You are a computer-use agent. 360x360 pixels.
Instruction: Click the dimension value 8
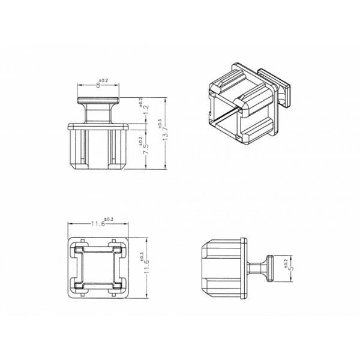(x=98, y=85)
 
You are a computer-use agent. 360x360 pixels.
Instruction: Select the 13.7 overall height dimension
(x=166, y=133)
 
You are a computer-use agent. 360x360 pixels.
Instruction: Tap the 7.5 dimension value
(x=146, y=149)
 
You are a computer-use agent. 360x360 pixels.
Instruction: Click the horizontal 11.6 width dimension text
(x=98, y=224)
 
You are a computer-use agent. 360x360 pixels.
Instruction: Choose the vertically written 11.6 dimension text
(x=147, y=266)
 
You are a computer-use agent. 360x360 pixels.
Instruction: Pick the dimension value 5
(x=292, y=268)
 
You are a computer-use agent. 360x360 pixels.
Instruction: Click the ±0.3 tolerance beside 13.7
(x=160, y=123)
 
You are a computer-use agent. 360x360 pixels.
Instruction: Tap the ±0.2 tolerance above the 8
(x=103, y=80)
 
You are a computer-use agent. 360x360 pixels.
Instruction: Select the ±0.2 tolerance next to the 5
(x=286, y=263)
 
